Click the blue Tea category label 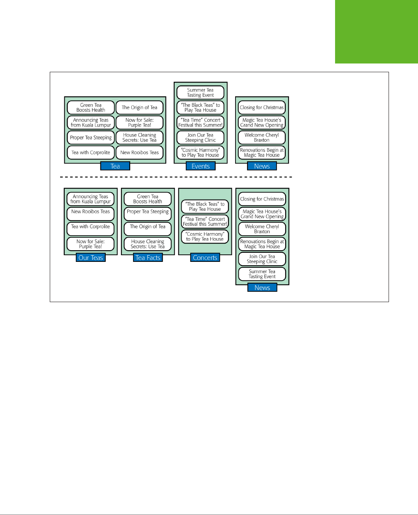point(115,166)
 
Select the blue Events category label point(201,166)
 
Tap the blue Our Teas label point(91,258)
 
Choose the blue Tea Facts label point(148,258)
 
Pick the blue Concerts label point(205,258)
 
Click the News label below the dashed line point(262,288)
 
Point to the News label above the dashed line point(262,166)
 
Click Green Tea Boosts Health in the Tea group point(91,107)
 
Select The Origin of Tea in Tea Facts point(148,227)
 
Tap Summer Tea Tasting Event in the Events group point(200,93)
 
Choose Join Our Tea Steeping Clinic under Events point(200,137)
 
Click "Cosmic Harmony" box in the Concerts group point(205,237)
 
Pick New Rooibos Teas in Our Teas point(90,212)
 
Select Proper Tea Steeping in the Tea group point(91,137)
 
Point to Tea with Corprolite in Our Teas point(90,227)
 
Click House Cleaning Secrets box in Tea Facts point(148,244)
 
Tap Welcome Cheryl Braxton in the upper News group point(262,137)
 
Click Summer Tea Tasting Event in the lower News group point(262,274)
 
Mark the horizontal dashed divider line point(176,177)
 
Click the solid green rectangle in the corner point(376,32)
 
